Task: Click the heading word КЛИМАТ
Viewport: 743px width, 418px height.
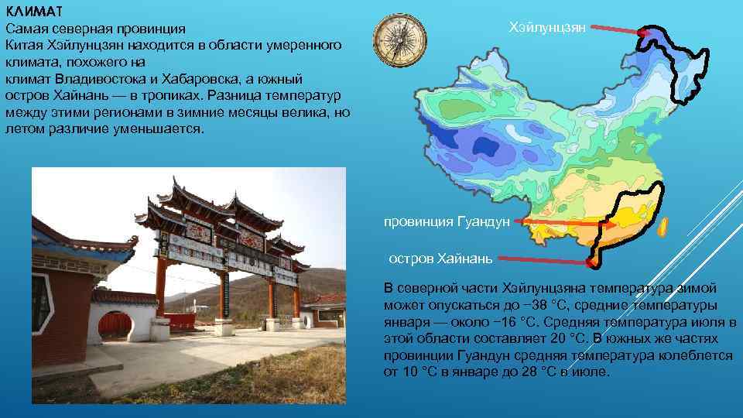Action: (36, 12)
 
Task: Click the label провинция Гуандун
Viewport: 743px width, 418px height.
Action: (447, 221)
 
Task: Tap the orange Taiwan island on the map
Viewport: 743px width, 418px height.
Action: (663, 228)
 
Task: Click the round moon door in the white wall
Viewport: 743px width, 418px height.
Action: (114, 326)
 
